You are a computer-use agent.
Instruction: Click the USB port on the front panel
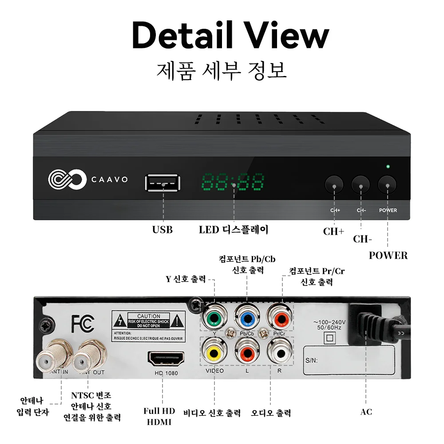[163, 183]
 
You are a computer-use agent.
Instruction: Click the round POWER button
[387, 184]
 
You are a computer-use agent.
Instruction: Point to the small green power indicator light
[388, 167]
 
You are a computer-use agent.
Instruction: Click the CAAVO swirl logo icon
[67, 180]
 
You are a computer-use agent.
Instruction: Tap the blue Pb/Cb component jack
[247, 317]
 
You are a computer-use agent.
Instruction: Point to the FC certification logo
[83, 324]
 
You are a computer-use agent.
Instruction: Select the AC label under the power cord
[366, 412]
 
